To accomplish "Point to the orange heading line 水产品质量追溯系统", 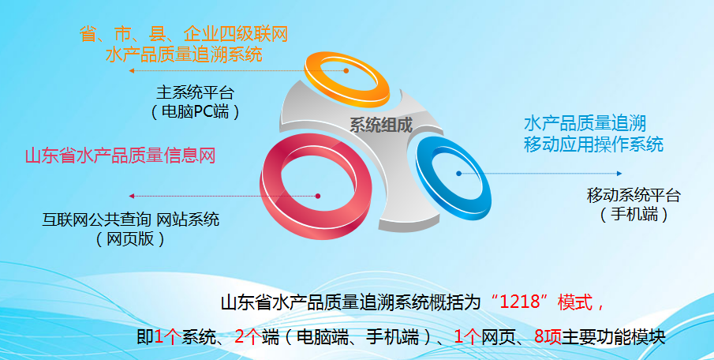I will tap(184, 54).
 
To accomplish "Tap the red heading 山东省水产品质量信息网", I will tap(121, 156).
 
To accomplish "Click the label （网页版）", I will tap(131, 238).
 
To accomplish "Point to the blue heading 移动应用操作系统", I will tap(593, 144).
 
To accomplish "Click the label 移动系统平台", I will tap(634, 195).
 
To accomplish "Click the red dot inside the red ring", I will tap(317, 196).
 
